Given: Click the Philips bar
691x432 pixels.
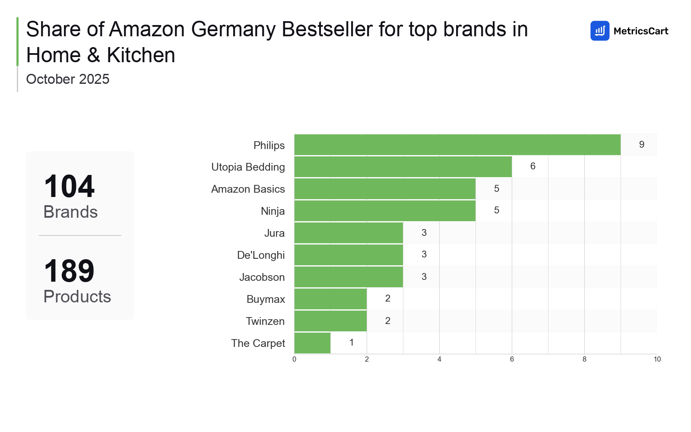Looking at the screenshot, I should tap(457, 145).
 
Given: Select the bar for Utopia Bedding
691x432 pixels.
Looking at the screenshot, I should tap(403, 167).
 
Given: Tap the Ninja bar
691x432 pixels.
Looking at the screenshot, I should tap(385, 211).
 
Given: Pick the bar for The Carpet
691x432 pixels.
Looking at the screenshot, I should tap(312, 343).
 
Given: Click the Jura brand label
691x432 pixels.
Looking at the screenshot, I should tap(274, 233).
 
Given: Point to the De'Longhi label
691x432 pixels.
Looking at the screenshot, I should tap(261, 255).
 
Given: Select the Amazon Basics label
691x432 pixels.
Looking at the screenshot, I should tap(248, 189).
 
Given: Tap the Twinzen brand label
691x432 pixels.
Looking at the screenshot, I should tap(265, 321).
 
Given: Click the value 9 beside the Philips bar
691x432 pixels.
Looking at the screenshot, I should tap(641, 145).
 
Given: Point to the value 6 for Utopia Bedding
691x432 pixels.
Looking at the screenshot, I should tap(533, 166).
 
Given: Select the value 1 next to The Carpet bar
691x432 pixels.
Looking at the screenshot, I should tap(352, 343).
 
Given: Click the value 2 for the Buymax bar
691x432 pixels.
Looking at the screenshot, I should tap(388, 299).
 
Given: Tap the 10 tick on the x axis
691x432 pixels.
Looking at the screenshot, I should tap(657, 359).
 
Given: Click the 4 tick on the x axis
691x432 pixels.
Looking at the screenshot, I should tap(439, 359).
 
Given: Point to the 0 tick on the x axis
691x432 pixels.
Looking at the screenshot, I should tap(295, 359).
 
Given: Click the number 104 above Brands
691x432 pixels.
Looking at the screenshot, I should tap(69, 187).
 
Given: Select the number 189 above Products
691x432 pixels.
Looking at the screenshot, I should tap(69, 271).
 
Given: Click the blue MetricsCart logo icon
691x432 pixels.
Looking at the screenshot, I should tap(599, 31).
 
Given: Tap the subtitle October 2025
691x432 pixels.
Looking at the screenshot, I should tap(68, 79).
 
